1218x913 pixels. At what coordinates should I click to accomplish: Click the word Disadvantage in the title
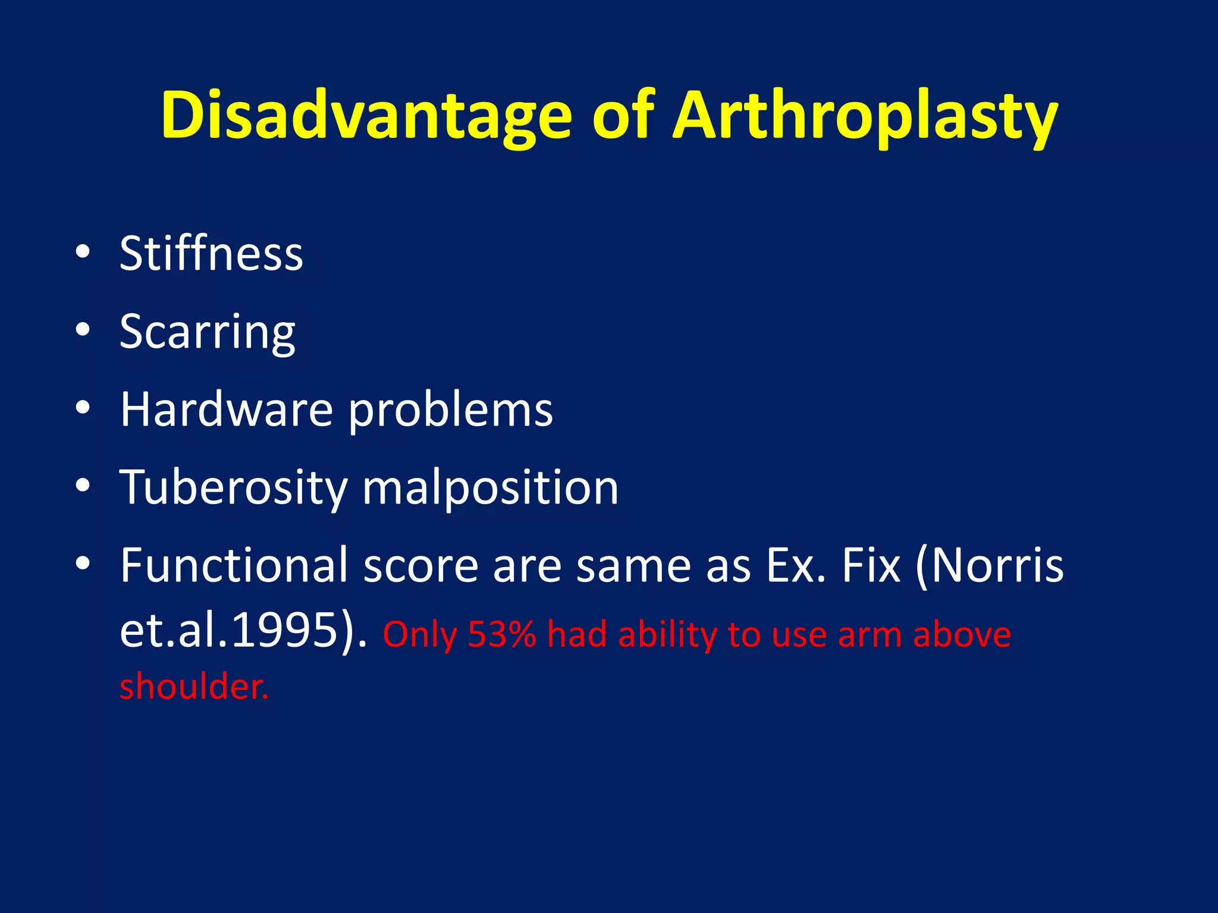tap(366, 116)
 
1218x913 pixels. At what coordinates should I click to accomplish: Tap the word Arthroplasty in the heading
tap(865, 116)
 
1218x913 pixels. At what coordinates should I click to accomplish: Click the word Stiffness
tap(211, 254)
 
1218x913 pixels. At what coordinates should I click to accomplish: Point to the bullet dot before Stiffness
tap(83, 251)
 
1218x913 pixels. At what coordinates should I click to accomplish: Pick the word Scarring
tap(207, 332)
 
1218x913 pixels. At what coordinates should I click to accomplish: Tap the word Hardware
tap(226, 410)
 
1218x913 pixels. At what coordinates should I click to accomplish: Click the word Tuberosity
tap(233, 487)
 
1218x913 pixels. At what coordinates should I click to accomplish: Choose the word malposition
tap(490, 487)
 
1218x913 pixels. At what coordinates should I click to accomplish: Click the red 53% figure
tap(502, 634)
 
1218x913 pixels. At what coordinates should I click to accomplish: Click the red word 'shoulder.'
tap(194, 687)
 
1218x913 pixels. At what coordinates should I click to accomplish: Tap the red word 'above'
tap(962, 634)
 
